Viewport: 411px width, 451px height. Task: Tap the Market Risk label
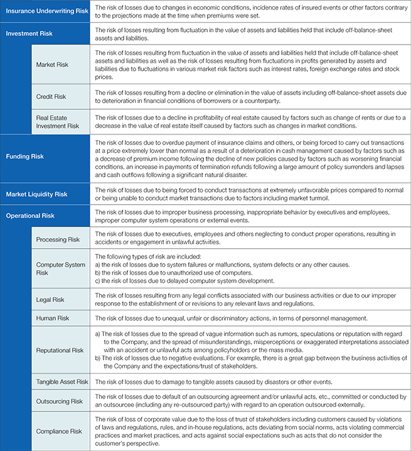[x=53, y=65]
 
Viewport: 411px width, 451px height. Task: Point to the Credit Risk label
[x=51, y=97]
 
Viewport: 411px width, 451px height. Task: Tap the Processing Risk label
[x=58, y=239]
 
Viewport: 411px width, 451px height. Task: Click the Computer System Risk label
[x=61, y=269]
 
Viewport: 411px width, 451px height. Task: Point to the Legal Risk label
[x=50, y=300]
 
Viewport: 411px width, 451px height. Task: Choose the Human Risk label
[x=53, y=318]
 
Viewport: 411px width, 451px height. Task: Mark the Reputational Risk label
[x=60, y=350]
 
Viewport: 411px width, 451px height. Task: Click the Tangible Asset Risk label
[x=62, y=382]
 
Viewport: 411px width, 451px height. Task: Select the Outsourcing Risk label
[x=60, y=401]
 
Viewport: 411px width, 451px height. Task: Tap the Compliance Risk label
[x=59, y=432]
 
